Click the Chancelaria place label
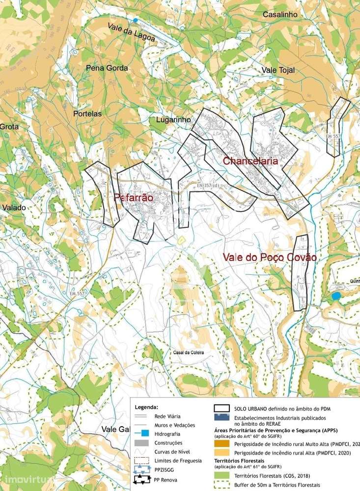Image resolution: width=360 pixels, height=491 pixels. click(x=250, y=161)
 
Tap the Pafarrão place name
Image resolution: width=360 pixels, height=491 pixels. click(x=134, y=198)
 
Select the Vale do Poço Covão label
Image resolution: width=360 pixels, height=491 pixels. click(x=269, y=257)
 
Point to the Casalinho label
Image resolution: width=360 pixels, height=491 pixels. click(x=280, y=15)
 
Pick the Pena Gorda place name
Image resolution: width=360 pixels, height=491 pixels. click(x=107, y=68)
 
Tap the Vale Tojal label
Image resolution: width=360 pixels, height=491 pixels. click(x=278, y=70)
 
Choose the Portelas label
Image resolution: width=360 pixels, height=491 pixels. click(x=87, y=113)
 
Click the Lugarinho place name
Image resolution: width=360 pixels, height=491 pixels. click(x=173, y=119)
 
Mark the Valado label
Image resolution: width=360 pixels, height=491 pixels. click(x=14, y=208)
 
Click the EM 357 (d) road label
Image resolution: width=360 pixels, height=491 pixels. click(x=208, y=185)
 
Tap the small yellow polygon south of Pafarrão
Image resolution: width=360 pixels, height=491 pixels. click(x=181, y=240)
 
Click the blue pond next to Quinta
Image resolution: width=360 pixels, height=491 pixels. click(x=336, y=296)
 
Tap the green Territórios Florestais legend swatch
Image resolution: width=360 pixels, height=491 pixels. click(x=222, y=475)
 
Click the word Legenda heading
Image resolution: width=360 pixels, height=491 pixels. click(x=147, y=407)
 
